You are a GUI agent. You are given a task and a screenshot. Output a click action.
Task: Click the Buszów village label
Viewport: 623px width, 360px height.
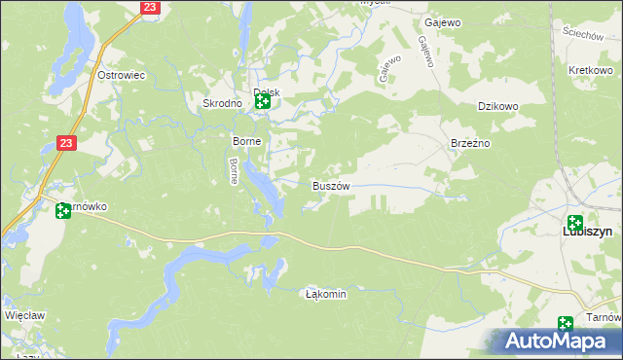[330, 185]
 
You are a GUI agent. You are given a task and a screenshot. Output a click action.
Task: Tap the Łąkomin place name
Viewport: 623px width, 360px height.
[326, 293]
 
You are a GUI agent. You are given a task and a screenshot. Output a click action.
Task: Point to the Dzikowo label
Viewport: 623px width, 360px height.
[496, 107]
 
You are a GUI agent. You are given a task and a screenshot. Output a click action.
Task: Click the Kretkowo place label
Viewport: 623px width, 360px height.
[589, 72]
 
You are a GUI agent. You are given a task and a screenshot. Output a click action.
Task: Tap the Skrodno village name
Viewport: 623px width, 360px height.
[221, 103]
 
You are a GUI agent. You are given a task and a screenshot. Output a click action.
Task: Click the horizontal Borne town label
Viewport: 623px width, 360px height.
[243, 141]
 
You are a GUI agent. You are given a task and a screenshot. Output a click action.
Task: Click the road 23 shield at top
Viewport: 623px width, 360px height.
[149, 7]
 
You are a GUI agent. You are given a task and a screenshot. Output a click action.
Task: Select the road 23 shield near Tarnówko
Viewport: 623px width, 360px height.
[66, 143]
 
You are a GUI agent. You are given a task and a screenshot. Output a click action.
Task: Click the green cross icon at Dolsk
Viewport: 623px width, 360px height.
[263, 99]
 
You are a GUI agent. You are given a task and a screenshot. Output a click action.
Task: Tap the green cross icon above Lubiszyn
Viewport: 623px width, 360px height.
[575, 223]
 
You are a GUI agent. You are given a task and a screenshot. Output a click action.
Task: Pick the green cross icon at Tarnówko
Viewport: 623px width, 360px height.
[64, 210]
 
